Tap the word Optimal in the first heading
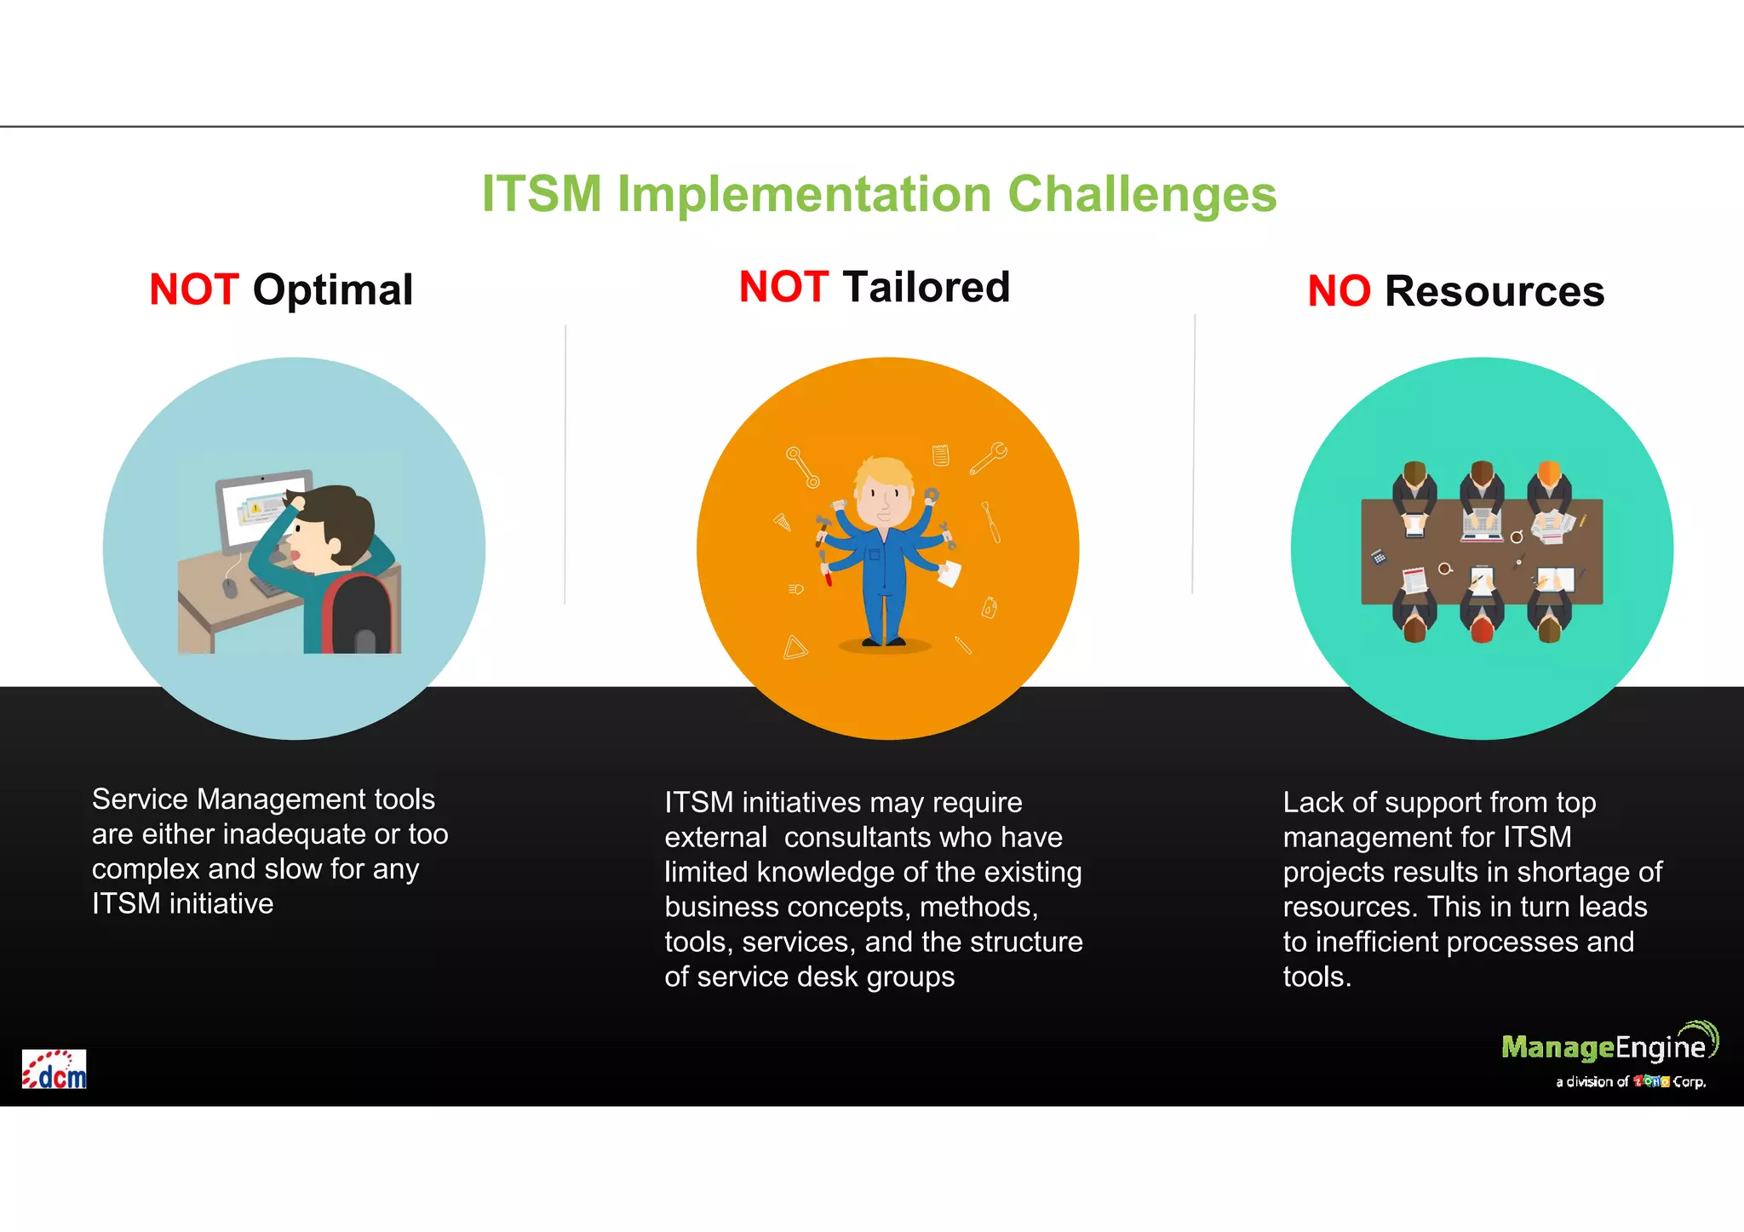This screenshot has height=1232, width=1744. coord(332,290)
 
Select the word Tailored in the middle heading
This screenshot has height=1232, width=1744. coord(926,287)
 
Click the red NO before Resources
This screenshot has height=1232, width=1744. coord(1338,292)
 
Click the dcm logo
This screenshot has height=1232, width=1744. coord(54,1069)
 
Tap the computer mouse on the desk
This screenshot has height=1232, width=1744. coord(229,587)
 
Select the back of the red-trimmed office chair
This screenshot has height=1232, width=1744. coord(358,613)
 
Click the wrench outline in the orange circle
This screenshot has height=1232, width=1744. coord(989,457)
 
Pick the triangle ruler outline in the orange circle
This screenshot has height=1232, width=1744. coord(795,649)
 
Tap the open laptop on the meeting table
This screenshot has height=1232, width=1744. coord(1482,524)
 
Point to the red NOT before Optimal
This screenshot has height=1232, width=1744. coord(193,290)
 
